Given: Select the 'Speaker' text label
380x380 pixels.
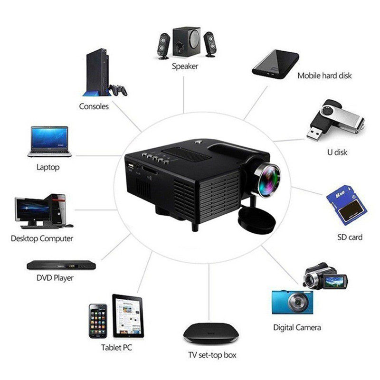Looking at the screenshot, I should pos(185,66).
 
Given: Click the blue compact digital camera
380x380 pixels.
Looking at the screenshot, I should pos(292,302).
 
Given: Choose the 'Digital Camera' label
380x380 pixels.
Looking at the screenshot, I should pos(297,327).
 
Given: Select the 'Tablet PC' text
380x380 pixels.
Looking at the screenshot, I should pos(116,348).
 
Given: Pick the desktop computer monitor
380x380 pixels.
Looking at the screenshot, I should pos(32,209).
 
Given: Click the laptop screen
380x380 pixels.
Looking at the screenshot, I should pos(50,138).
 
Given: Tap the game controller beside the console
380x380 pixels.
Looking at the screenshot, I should pos(118,89).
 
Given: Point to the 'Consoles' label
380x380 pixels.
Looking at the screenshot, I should pos(94,106).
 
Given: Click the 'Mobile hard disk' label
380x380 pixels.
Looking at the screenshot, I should pos(324,76).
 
